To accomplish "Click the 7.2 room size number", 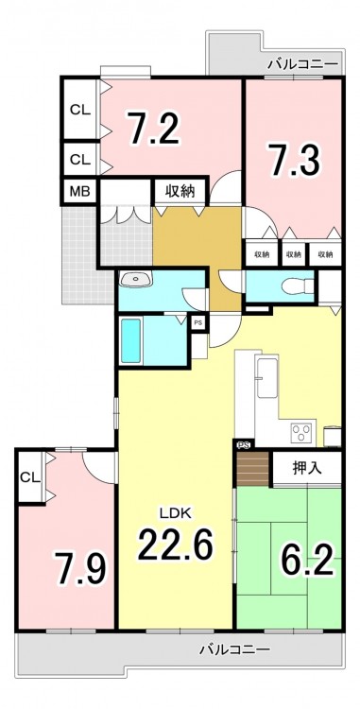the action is click(x=154, y=128).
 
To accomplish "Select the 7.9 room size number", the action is click(x=80, y=568).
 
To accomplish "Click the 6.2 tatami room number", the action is click(x=307, y=560).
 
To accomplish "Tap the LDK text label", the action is click(x=175, y=512).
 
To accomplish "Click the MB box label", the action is click(x=79, y=192).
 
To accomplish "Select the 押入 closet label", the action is click(x=307, y=469).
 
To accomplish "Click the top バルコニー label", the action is click(x=302, y=64).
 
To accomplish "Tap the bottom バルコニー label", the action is click(x=235, y=650).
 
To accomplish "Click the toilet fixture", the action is click(x=298, y=286).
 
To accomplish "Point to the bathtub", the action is click(x=131, y=340).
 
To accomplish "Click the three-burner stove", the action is click(x=301, y=433).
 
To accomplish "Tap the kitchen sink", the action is click(x=266, y=376).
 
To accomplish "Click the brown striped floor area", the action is click(x=252, y=468).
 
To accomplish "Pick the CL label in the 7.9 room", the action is click(x=30, y=476).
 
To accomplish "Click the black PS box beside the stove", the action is click(x=244, y=444).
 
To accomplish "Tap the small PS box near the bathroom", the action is click(x=198, y=323).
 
